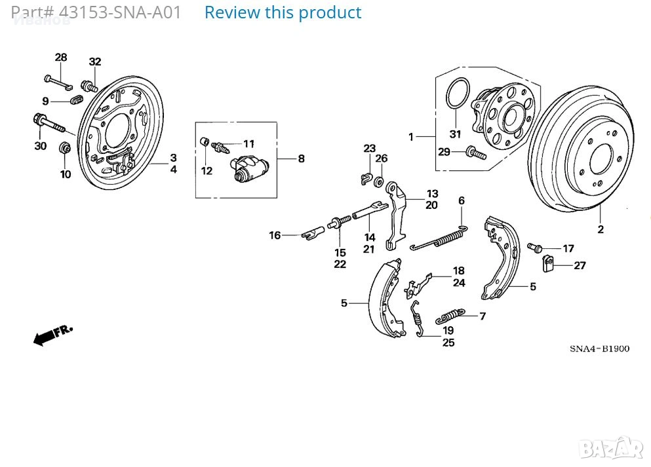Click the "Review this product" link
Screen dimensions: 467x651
coord(283,12)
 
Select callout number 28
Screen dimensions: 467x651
coord(61,58)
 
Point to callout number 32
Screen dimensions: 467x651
coord(95,62)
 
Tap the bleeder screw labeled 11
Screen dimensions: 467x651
coord(224,145)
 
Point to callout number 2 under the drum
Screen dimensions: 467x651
coord(600,229)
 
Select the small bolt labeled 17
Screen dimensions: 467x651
coord(535,248)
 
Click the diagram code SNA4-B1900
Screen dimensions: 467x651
coord(599,348)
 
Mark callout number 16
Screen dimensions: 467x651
coord(274,235)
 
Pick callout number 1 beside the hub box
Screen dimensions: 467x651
coord(411,137)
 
